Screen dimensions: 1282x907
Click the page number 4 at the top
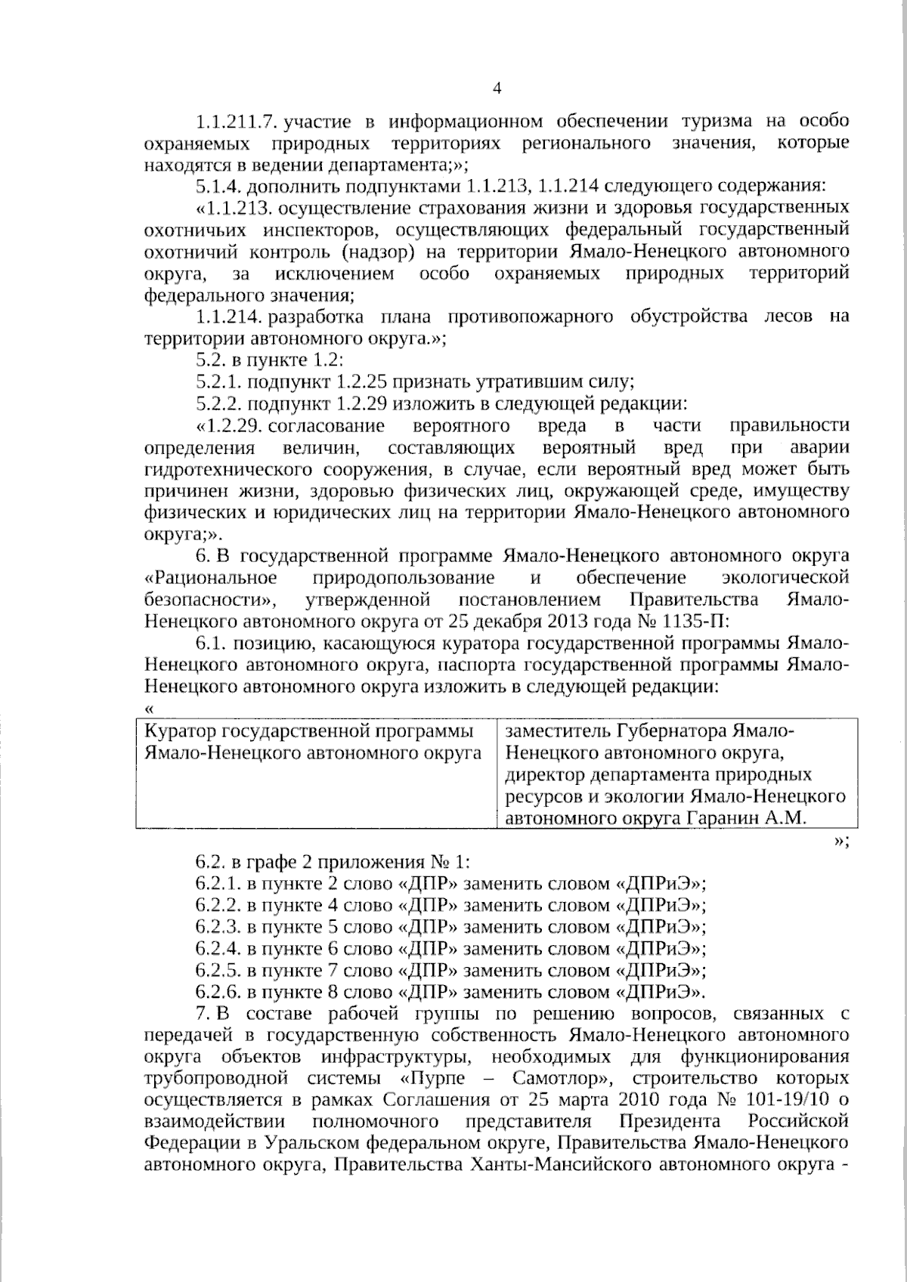click(497, 89)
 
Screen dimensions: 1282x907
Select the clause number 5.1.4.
click(219, 186)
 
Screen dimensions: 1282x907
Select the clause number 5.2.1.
click(219, 382)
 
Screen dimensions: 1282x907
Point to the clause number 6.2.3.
click(219, 927)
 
